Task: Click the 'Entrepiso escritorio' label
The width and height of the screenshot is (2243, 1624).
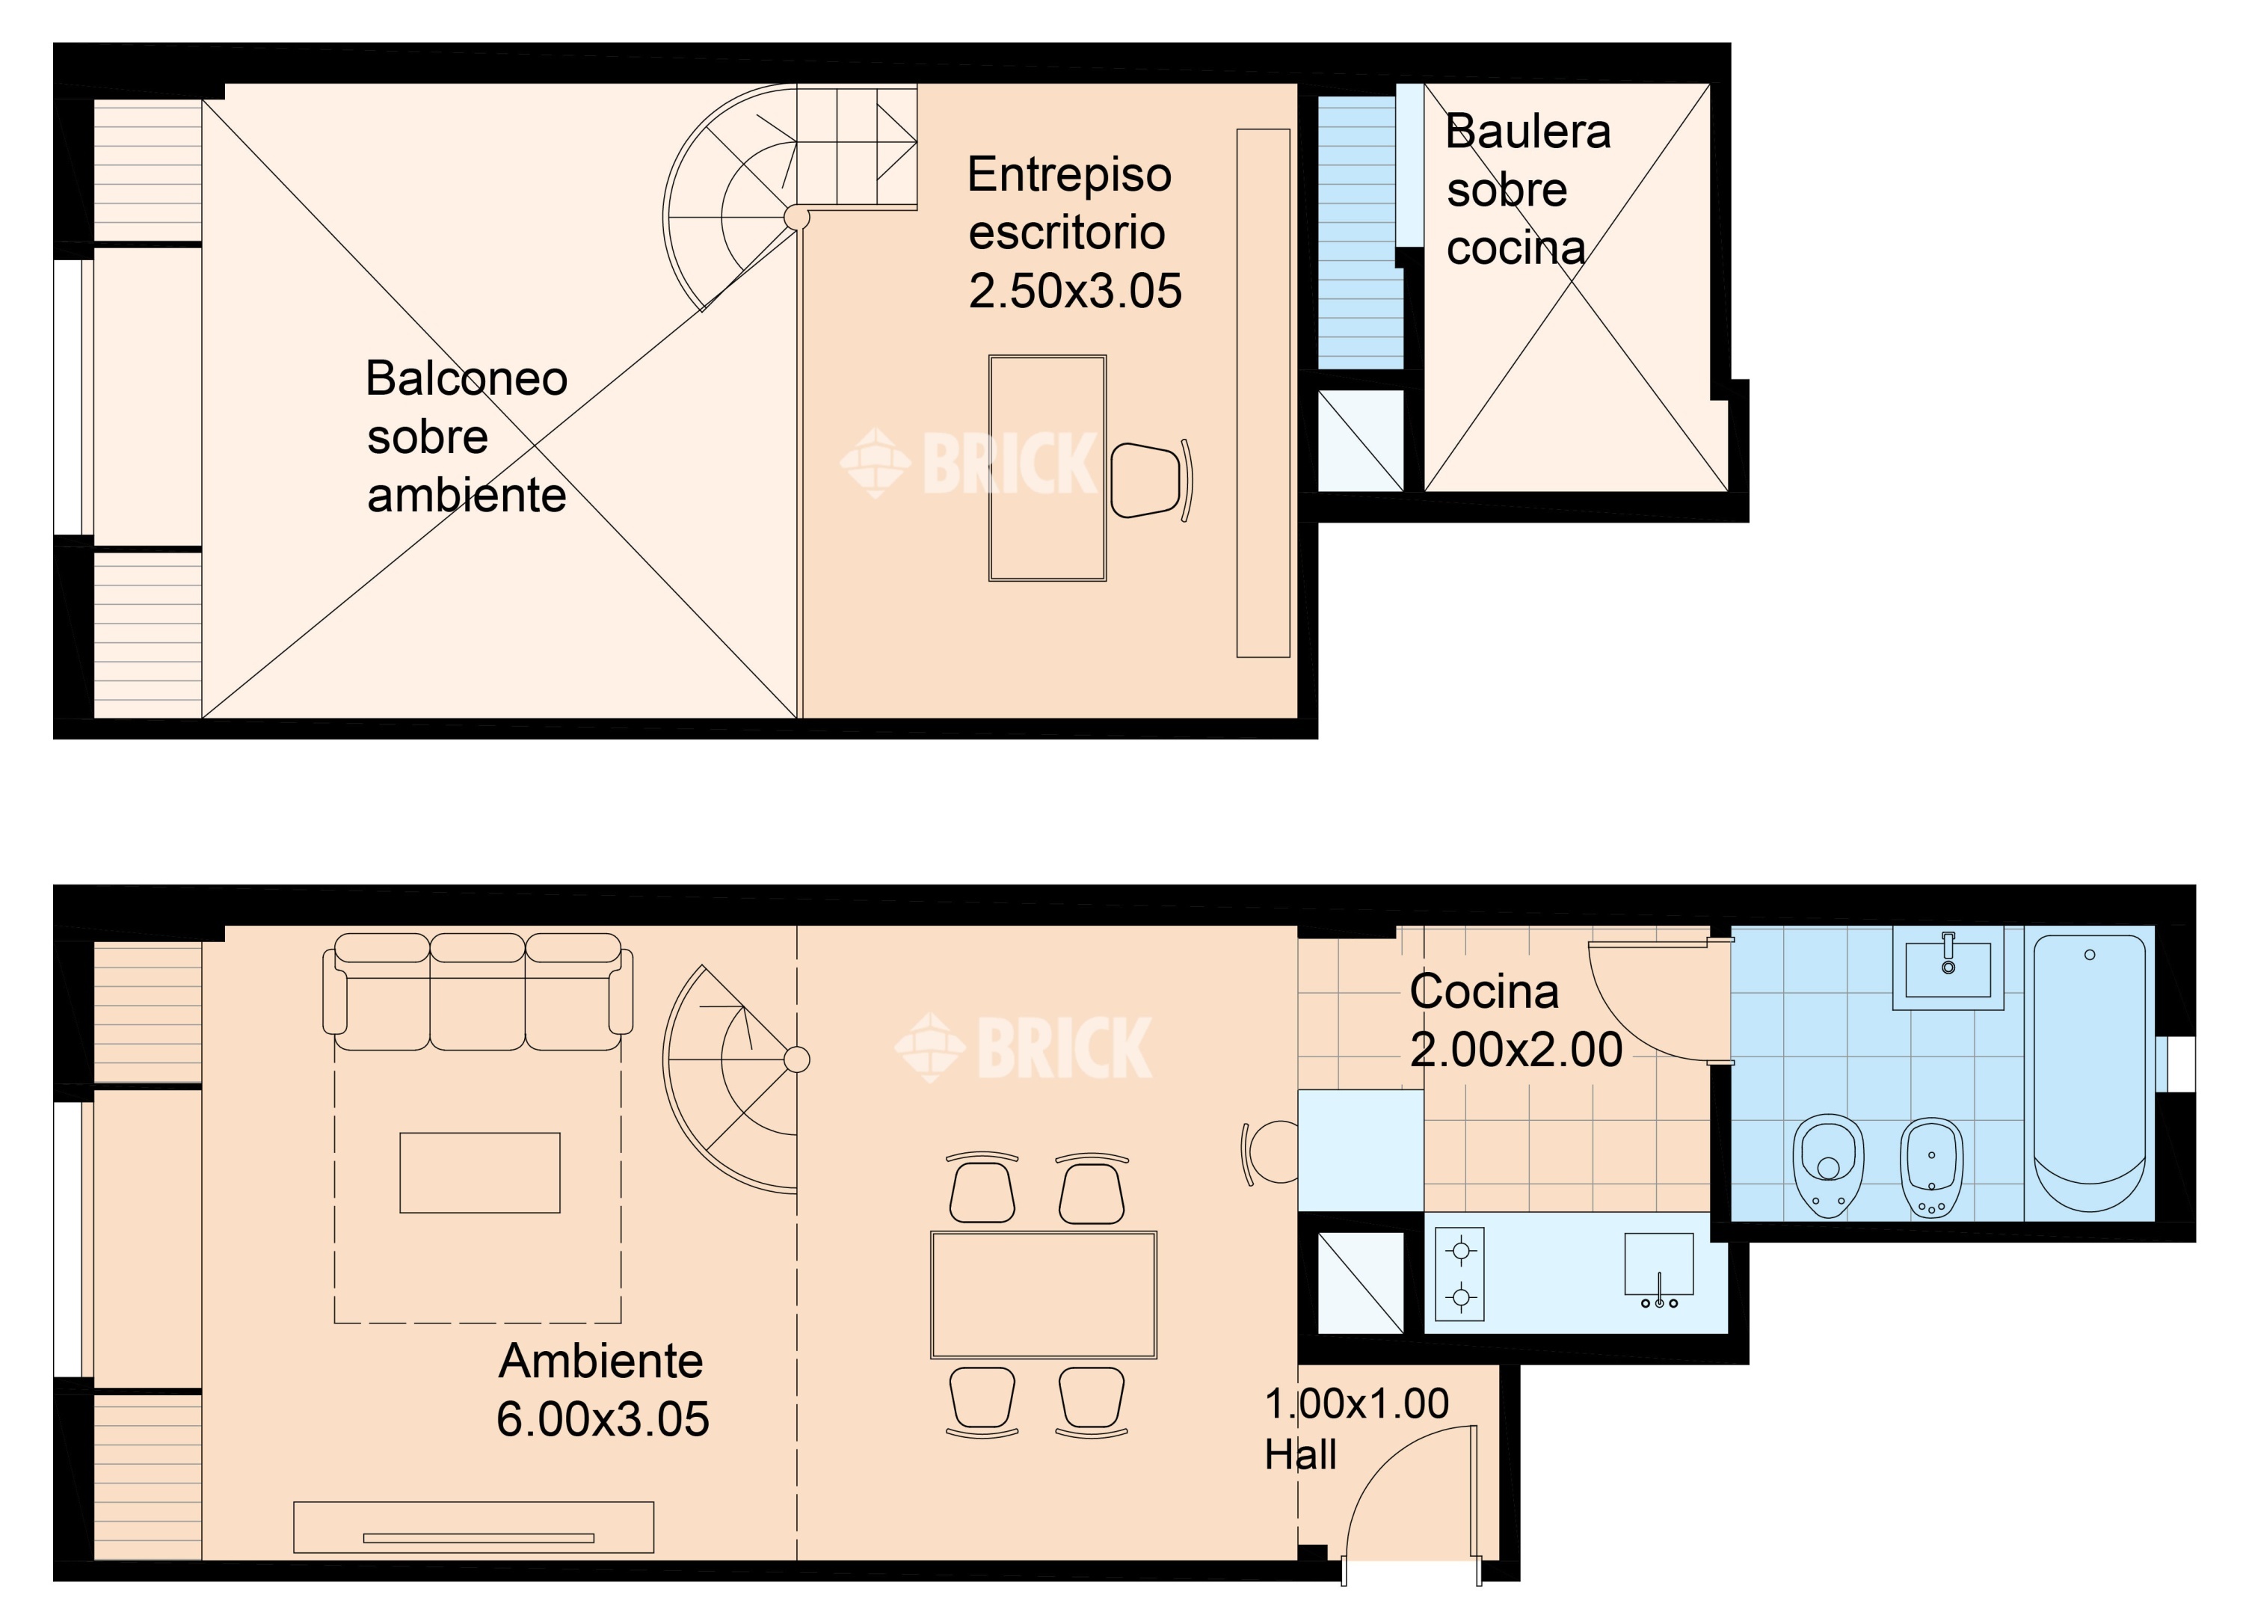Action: pyautogui.click(x=1069, y=203)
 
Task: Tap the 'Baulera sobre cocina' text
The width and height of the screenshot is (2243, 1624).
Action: pyautogui.click(x=1528, y=189)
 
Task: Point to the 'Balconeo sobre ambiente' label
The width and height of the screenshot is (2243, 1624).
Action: pyautogui.click(x=467, y=436)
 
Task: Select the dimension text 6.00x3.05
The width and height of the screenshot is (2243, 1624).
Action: pyautogui.click(x=603, y=1419)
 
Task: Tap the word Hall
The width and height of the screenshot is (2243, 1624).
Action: pyautogui.click(x=1300, y=1454)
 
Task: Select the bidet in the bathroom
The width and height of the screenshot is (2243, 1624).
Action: pyautogui.click(x=1931, y=1168)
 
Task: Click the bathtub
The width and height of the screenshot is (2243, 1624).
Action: pyautogui.click(x=2090, y=1074)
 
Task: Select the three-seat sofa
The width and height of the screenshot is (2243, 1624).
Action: pyautogui.click(x=478, y=991)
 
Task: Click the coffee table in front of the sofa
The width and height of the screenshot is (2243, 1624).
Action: pyautogui.click(x=480, y=1173)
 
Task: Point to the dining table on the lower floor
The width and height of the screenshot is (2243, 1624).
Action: pyautogui.click(x=1044, y=1295)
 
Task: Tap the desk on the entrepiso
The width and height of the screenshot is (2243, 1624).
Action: pyautogui.click(x=1047, y=468)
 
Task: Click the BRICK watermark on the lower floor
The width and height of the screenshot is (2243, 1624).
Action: pyautogui.click(x=1024, y=1048)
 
